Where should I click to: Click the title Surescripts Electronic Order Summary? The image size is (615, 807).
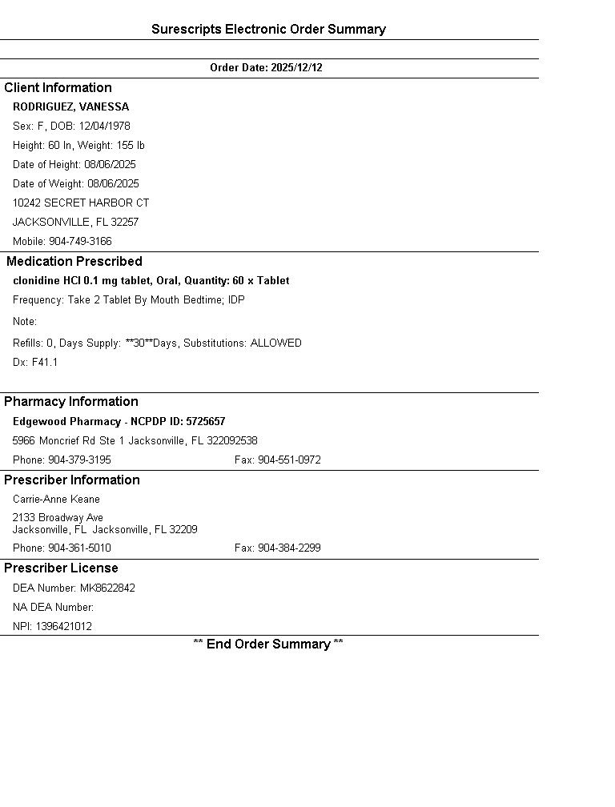click(268, 30)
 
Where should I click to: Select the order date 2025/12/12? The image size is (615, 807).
click(296, 68)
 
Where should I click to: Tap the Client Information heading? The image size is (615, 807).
click(58, 88)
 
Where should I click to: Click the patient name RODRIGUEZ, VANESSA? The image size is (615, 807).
click(70, 107)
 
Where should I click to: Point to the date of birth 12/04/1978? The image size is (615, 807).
click(104, 126)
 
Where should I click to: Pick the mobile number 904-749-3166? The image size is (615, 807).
click(80, 242)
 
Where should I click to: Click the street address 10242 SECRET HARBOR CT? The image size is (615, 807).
click(81, 203)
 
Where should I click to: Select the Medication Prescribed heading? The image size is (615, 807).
click(74, 262)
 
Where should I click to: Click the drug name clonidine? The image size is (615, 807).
click(37, 281)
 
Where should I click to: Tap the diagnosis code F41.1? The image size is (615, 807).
click(45, 363)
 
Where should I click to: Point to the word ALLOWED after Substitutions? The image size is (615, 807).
click(275, 343)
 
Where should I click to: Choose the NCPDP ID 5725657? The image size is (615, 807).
click(206, 422)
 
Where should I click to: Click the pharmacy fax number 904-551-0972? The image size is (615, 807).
click(289, 460)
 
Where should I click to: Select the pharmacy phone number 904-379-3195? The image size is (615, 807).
click(79, 460)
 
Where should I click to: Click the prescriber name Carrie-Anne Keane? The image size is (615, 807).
click(56, 500)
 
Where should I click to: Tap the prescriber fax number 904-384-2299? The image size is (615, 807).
click(289, 548)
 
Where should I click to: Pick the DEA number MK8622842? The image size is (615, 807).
click(107, 588)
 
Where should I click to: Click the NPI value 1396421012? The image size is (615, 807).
click(63, 627)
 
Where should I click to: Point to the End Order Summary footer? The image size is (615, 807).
click(268, 644)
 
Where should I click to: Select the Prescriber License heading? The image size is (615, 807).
click(61, 568)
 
